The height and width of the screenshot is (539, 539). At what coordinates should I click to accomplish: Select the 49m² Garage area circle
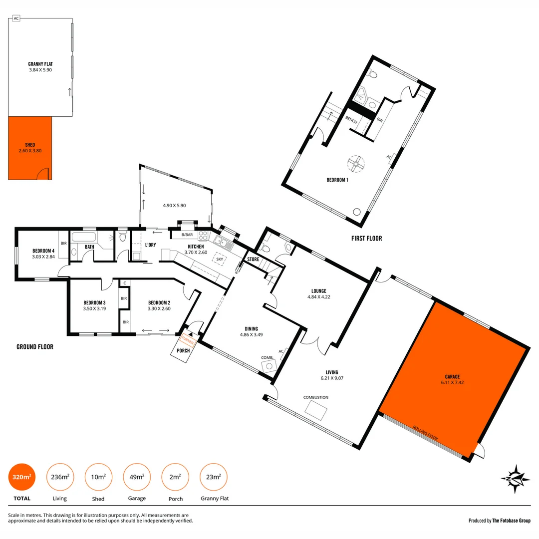137,477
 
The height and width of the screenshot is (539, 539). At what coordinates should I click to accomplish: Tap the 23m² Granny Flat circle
214,477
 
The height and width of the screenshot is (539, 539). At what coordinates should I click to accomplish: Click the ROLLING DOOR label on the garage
425,432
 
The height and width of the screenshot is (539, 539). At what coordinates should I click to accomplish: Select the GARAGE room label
452,377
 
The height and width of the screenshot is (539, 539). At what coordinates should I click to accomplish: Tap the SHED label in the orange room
30,145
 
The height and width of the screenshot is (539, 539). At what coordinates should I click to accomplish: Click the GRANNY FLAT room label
40,64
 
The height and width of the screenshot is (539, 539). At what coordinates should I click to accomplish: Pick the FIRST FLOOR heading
367,239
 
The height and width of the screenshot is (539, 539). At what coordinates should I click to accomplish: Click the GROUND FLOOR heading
35,347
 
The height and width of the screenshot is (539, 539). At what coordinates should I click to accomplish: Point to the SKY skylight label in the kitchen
220,260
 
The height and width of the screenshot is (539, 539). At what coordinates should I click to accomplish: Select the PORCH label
184,351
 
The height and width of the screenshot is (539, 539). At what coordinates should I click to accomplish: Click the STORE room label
253,260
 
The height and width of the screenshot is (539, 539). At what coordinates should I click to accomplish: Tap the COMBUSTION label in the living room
316,397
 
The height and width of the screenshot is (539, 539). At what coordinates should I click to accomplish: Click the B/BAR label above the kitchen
187,235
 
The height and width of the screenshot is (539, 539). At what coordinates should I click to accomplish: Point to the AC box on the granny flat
16,18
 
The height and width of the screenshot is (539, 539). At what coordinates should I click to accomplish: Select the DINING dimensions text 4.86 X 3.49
251,334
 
